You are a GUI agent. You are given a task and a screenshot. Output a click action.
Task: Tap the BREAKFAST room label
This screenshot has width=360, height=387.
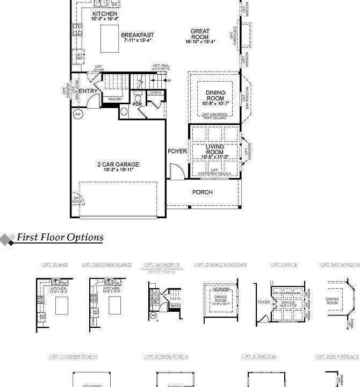[138, 35]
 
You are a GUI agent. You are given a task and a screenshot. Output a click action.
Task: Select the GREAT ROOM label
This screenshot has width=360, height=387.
[200, 34]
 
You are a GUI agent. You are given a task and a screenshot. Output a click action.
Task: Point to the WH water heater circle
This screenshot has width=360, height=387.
[77, 114]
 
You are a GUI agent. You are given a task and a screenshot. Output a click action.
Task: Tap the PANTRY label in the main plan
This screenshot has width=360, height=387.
[115, 99]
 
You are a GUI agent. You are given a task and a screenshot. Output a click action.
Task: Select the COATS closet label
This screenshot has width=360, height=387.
[156, 93]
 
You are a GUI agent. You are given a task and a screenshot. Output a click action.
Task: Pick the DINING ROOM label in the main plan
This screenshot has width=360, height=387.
[215, 96]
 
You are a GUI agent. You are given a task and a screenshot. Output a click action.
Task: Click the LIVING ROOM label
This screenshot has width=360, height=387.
[215, 149]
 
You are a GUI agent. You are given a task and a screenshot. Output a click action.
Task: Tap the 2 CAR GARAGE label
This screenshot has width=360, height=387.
[118, 164]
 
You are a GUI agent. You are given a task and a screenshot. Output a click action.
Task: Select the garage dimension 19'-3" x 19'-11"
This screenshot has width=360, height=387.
[118, 170]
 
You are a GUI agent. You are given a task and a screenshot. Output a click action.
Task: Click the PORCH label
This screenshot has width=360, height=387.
[203, 192]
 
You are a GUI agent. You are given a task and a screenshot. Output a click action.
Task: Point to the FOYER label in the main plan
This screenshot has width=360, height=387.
[177, 151]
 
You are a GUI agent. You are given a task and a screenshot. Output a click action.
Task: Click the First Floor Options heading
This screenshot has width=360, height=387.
[60, 237]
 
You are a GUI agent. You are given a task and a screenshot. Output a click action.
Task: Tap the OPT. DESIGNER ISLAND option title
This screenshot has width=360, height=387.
[106, 265]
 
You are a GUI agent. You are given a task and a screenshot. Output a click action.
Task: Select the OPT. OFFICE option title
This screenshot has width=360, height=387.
[284, 265]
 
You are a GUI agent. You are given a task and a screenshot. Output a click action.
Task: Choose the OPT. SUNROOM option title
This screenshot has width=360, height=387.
[259, 357]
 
